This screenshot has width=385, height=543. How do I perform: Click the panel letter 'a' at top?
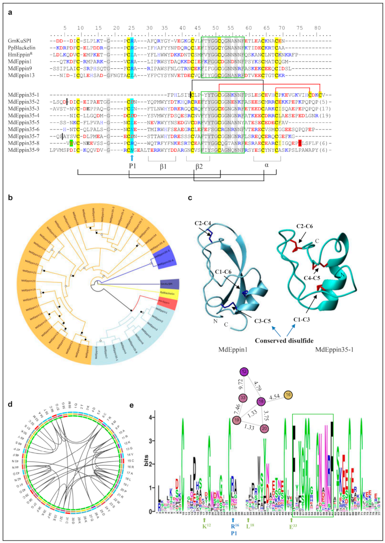click(10, 12)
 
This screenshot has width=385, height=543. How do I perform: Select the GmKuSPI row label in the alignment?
click(19, 41)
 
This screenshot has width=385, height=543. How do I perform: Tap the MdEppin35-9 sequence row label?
click(24, 150)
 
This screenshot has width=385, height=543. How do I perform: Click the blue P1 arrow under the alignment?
click(132, 158)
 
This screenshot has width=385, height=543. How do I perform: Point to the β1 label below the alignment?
click(163, 166)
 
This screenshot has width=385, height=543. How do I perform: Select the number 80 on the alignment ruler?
click(317, 28)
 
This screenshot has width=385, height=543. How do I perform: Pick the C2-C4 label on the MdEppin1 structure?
click(203, 223)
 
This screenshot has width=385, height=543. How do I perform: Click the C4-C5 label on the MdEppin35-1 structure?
click(312, 278)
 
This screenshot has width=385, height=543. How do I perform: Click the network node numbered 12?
click(244, 371)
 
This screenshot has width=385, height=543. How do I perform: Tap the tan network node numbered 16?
click(288, 395)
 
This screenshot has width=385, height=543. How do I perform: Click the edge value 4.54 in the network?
click(274, 397)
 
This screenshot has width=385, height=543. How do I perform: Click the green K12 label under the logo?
click(206, 526)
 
